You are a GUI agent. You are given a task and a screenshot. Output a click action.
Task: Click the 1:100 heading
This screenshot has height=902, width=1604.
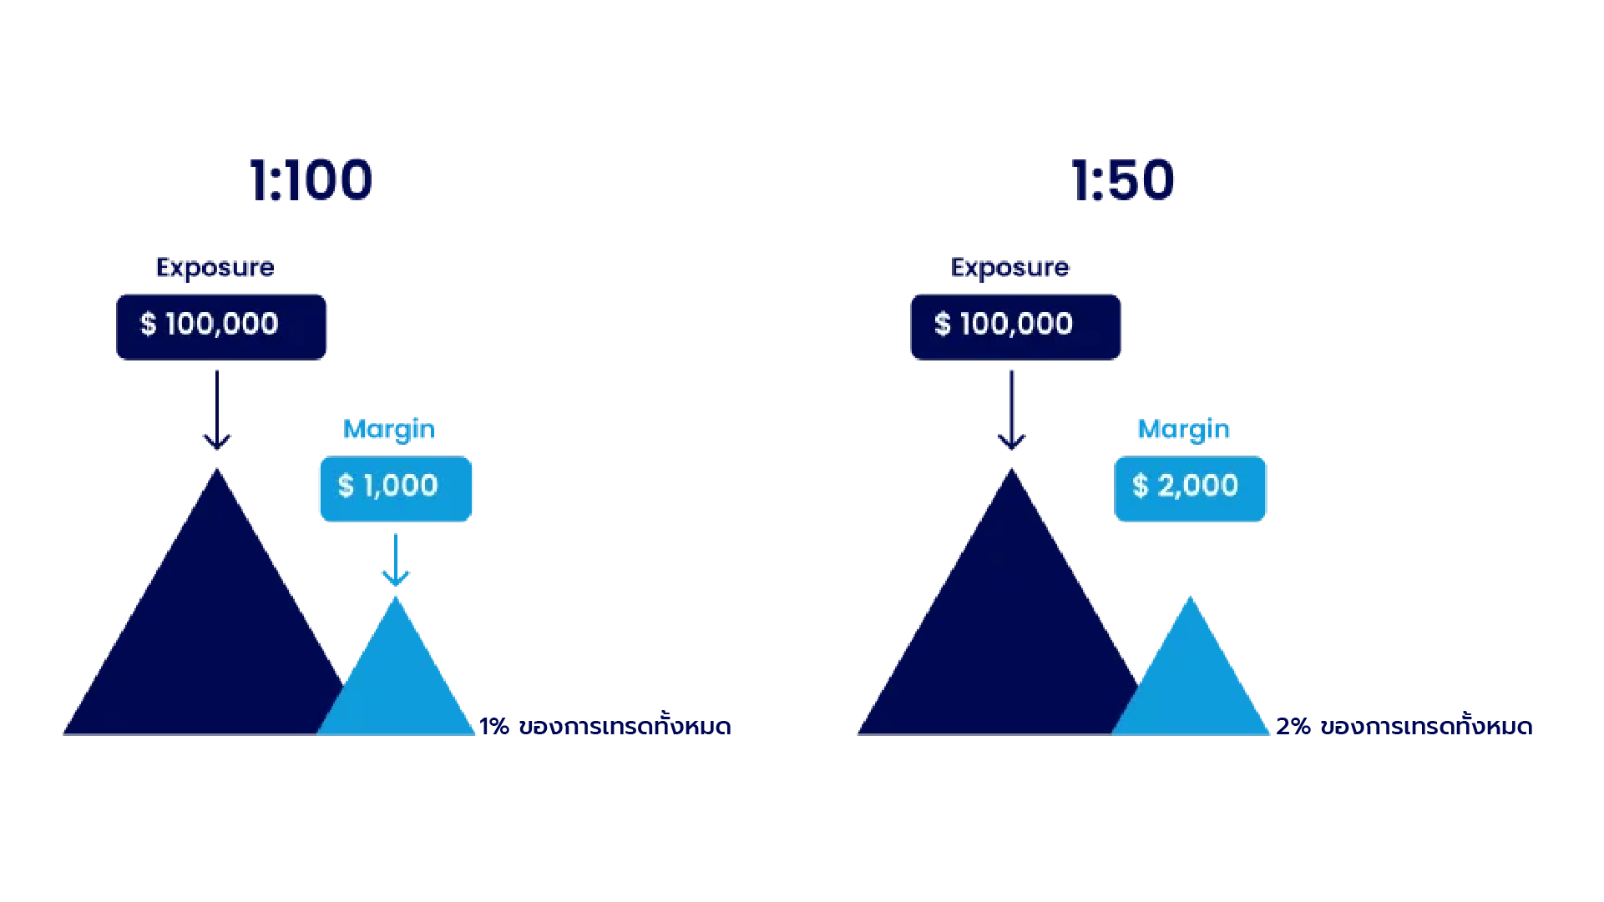(x=311, y=180)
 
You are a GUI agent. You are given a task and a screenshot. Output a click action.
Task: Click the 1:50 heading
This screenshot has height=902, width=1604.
(x=1123, y=180)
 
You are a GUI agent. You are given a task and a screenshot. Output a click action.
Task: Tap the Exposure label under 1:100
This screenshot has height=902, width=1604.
(x=215, y=268)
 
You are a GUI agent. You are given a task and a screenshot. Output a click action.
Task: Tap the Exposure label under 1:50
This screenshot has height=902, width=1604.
(x=1010, y=268)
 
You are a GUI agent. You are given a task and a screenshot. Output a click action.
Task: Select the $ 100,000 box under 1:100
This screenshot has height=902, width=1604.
(x=221, y=326)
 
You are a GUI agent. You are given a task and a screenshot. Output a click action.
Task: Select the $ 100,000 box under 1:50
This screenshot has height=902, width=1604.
(x=1015, y=326)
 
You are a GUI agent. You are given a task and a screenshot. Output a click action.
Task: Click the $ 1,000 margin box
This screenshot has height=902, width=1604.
(x=395, y=488)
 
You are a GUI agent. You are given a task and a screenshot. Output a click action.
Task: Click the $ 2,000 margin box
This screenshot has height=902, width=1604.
(x=1190, y=488)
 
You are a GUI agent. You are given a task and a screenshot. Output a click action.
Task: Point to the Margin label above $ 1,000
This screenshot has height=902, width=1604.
(x=389, y=430)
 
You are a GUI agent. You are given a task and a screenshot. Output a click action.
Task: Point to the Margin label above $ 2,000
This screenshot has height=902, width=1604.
(x=1183, y=430)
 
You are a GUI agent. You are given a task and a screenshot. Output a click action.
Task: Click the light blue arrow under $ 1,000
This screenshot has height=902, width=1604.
(x=396, y=562)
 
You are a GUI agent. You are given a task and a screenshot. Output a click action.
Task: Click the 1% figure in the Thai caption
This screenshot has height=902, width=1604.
(x=494, y=727)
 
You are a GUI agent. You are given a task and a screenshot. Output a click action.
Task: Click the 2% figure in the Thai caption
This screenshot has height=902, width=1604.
(x=1293, y=727)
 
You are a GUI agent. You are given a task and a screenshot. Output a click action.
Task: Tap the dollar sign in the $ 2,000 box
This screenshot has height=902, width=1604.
(x=1141, y=486)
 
